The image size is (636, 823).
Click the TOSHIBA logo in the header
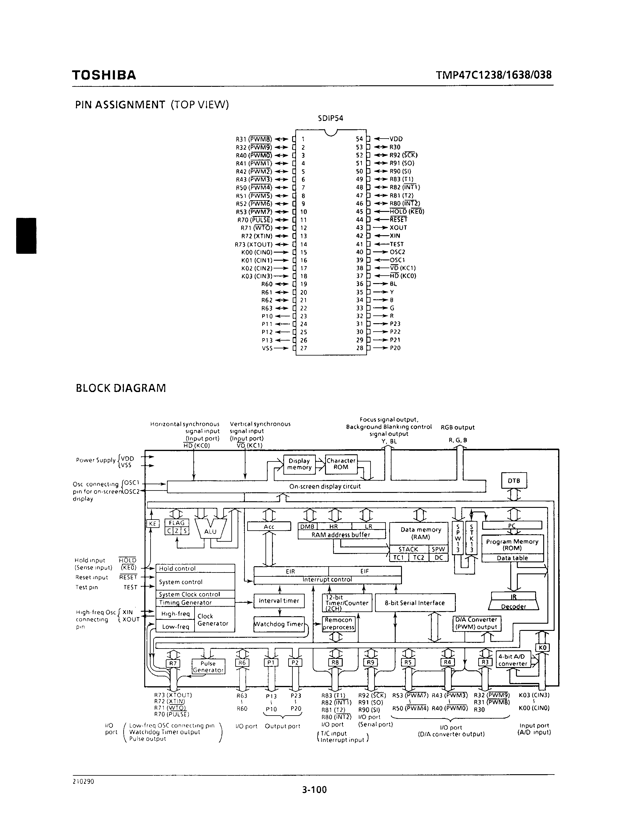[x=104, y=75]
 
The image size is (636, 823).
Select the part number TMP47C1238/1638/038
[x=494, y=75]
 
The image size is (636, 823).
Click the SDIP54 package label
[x=330, y=118]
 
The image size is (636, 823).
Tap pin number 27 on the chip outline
[x=304, y=348]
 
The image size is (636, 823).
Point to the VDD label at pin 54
[x=396, y=139]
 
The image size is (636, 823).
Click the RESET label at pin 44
[x=398, y=220]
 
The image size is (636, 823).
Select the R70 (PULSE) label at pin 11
[x=255, y=220]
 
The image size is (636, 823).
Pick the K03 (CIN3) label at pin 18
[x=256, y=276]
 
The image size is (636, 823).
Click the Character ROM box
[x=341, y=464]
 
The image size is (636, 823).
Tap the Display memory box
[x=299, y=464]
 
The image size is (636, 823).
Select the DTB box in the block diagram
[x=514, y=481]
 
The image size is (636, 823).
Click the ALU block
[x=210, y=531]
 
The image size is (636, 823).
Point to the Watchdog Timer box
[x=279, y=624]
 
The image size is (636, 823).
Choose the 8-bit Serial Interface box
[x=415, y=603]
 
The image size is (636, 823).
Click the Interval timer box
[x=279, y=601]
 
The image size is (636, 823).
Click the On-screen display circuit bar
[x=326, y=487]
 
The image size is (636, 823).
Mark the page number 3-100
[x=314, y=789]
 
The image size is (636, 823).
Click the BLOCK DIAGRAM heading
[x=121, y=388]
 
